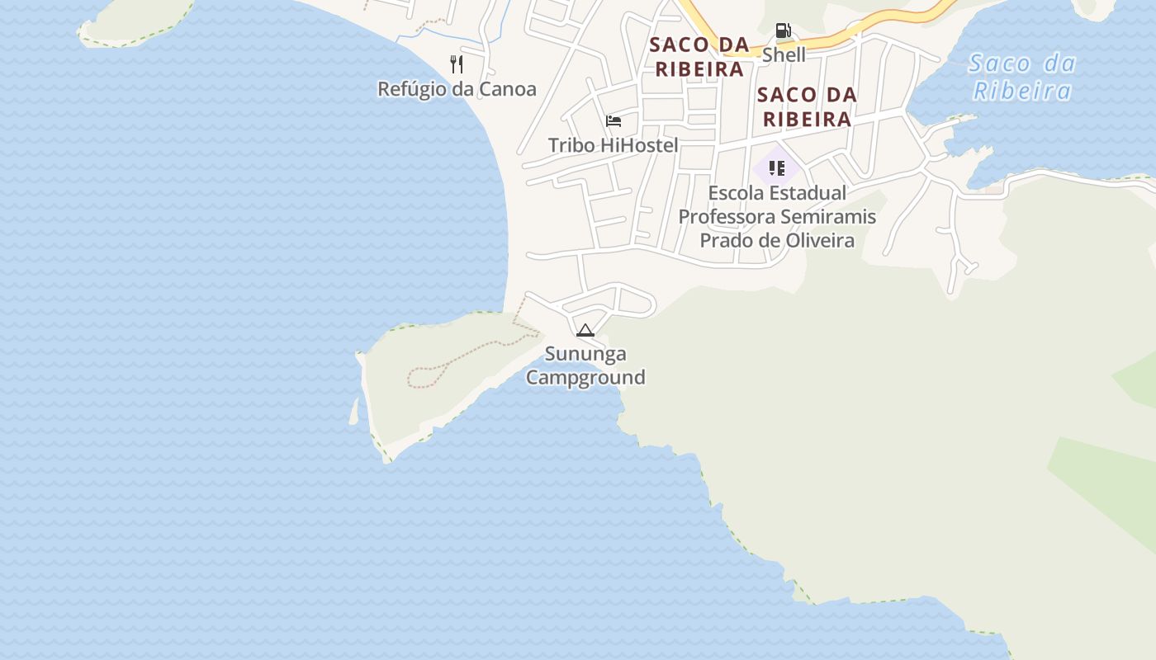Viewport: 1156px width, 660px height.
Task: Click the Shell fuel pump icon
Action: click(783, 31)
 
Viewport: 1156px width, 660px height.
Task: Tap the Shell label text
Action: click(784, 55)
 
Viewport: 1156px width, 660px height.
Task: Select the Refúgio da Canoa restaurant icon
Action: click(457, 64)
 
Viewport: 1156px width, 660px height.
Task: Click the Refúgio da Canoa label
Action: click(457, 89)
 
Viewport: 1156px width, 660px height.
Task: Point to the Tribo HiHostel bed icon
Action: click(614, 121)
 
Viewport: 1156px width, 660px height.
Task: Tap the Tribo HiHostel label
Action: click(613, 146)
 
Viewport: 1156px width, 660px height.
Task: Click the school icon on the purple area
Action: click(776, 168)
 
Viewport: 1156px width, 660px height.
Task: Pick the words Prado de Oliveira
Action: click(777, 241)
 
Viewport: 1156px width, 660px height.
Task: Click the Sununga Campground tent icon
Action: click(585, 331)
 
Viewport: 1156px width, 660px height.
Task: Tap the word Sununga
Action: click(585, 354)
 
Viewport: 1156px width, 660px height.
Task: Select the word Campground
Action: click(585, 378)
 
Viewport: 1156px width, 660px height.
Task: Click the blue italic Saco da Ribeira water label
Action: click(1021, 77)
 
